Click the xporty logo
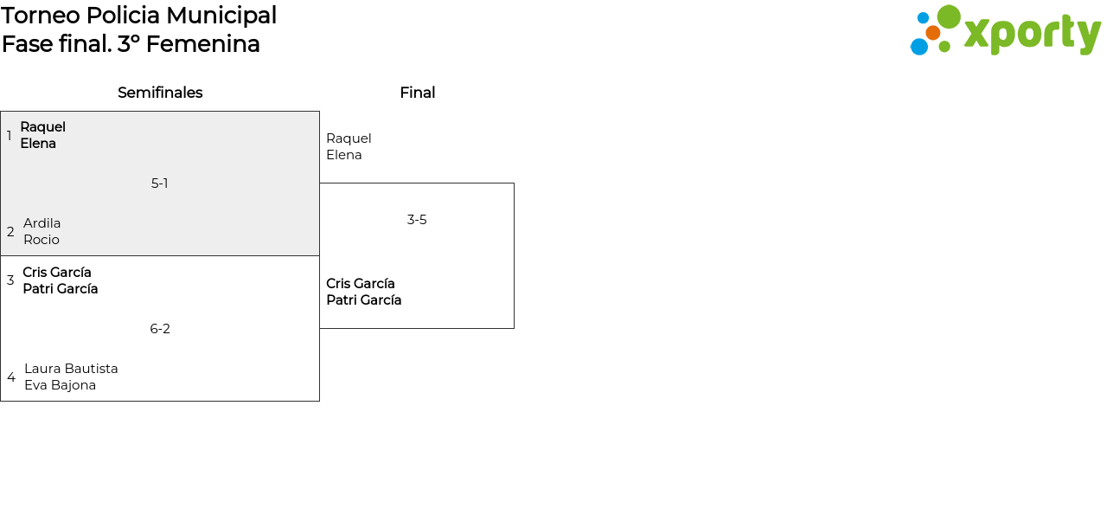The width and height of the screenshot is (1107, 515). pos(1005,31)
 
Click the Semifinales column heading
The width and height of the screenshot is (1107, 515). pos(160,93)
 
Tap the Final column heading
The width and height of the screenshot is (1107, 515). pos(417,93)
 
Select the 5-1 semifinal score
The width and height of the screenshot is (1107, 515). pos(160,183)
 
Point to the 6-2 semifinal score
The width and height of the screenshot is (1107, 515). pos(160,329)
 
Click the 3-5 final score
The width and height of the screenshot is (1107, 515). pos(417,220)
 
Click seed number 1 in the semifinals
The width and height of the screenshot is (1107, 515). pos(10,136)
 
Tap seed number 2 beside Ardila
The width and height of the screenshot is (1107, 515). pos(10,232)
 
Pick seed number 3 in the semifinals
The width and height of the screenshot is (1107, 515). pos(10,280)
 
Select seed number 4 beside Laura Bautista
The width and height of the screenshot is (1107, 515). pos(11,377)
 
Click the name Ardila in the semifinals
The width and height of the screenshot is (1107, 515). pos(42,223)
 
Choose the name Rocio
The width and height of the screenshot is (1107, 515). pos(42,240)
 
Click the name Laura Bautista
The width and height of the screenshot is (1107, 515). pos(71,369)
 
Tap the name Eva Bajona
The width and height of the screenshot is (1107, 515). pos(60,385)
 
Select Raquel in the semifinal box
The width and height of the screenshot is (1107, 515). pos(43,127)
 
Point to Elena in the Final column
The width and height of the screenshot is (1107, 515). pos(344,155)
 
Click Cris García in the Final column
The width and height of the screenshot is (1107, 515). pos(361,284)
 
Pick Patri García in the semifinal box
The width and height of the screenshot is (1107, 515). pos(61,289)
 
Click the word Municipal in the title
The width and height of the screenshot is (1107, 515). pos(221,16)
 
